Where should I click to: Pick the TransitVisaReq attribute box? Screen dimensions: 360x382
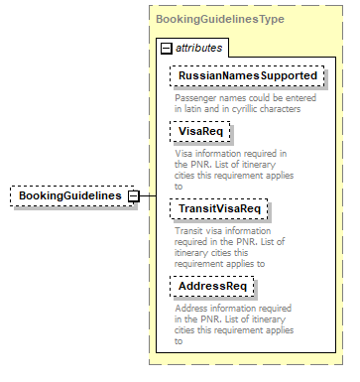219,208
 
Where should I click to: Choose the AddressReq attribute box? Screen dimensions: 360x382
212,286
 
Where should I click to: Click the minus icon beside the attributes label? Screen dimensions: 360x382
167,48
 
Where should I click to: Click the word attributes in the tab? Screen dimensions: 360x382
198,48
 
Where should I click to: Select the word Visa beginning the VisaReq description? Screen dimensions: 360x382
184,154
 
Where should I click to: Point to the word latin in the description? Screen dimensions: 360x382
195,108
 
